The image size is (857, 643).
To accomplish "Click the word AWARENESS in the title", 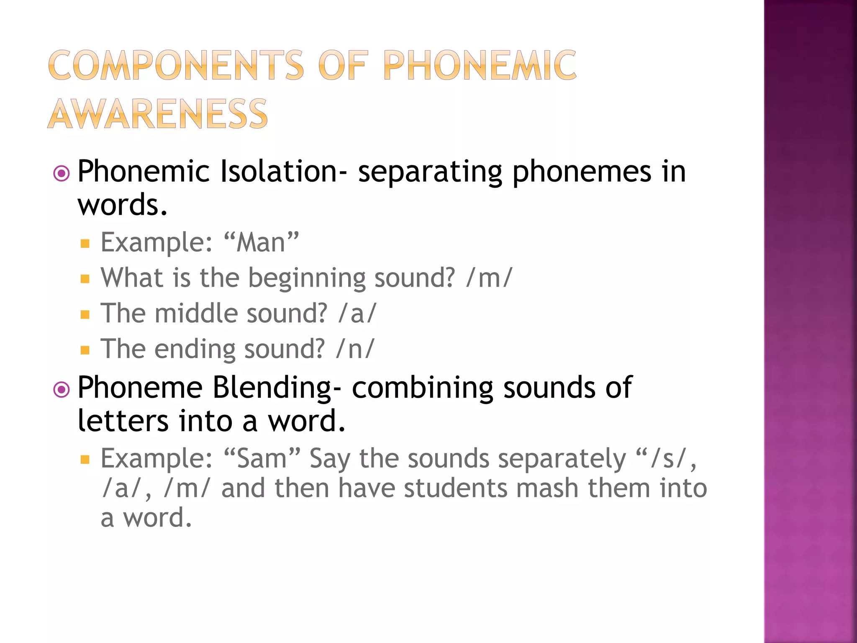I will (x=157, y=114).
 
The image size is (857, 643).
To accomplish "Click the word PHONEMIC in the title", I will (x=480, y=65).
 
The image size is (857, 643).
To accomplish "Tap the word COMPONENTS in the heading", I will (x=176, y=65).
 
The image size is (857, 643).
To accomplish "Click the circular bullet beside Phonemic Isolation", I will (x=62, y=173).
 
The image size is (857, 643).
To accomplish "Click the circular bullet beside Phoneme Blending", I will (x=62, y=390).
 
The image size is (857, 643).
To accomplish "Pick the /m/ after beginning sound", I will (x=489, y=278).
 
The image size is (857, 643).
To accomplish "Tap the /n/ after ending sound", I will (x=355, y=349).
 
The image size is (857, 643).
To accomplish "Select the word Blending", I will (x=272, y=388).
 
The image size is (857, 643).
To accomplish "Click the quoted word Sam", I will (x=262, y=458).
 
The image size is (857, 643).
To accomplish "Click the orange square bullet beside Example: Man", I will (x=85, y=244).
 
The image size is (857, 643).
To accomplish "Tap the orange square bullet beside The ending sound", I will (x=85, y=350).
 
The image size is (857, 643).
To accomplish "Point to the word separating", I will (x=430, y=172).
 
